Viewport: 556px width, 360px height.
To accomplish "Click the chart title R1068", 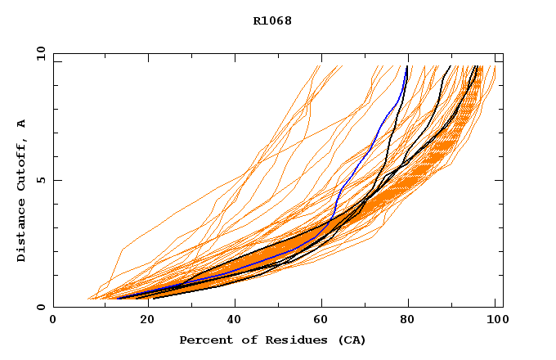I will click(x=272, y=20).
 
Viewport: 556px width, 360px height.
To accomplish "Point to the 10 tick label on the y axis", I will click(x=40, y=53).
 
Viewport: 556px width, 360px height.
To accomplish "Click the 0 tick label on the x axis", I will click(x=53, y=321).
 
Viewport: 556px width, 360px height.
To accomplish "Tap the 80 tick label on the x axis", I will click(x=407, y=321).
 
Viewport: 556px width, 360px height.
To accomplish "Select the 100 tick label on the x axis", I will click(x=495, y=321).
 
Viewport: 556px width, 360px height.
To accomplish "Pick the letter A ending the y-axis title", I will click(x=22, y=124).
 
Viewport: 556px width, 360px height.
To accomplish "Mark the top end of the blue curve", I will click(x=406, y=65).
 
